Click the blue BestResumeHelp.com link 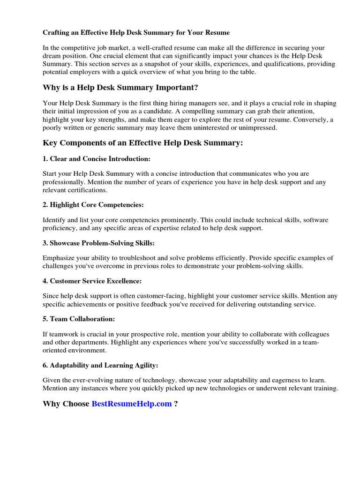[x=132, y=404]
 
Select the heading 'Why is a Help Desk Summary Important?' [x=120, y=88]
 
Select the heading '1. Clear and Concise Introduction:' [x=97, y=159]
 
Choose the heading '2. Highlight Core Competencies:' [x=93, y=205]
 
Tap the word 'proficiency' [x=60, y=228]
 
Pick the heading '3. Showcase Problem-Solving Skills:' [x=98, y=243]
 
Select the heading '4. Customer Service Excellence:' [x=92, y=281]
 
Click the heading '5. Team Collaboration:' [x=79, y=319]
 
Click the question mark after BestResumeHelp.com [x=176, y=404]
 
